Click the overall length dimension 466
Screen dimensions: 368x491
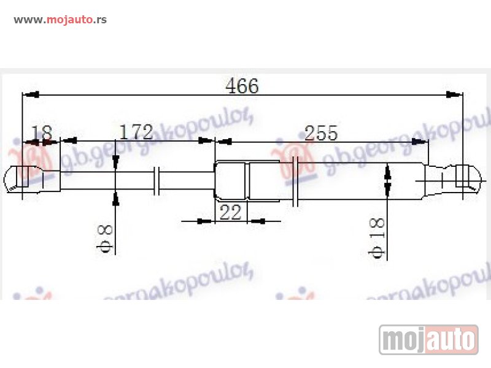coord(242,86)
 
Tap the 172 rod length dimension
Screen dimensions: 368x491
coord(136,131)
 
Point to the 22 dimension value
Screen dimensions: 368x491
coord(230,212)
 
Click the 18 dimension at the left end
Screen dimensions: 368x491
coord(42,132)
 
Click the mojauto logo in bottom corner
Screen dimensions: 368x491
coord(428,339)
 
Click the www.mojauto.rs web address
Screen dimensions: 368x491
coord(60,19)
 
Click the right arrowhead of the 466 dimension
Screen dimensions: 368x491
coord(454,94)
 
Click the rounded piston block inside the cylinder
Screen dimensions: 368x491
coord(231,181)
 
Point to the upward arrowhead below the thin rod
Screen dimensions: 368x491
coord(116,197)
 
